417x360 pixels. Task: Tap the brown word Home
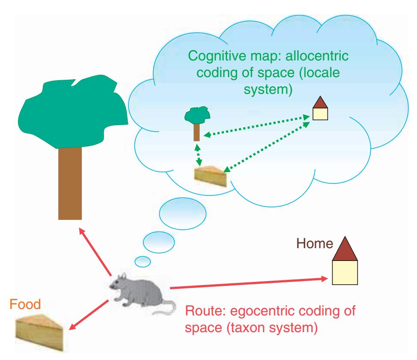[x=315, y=244]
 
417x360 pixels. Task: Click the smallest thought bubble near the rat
[x=143, y=260]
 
